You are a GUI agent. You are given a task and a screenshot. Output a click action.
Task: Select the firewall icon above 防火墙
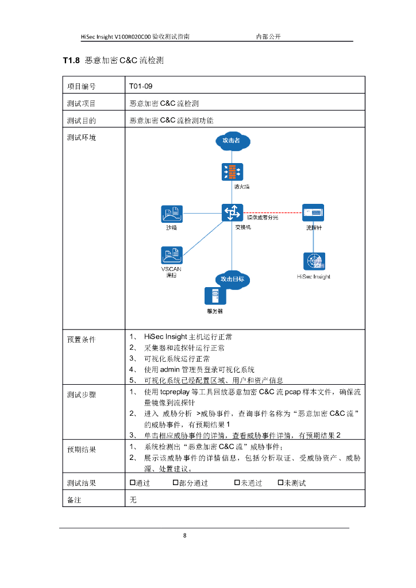[x=232, y=171]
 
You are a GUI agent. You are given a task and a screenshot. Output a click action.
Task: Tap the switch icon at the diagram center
[x=232, y=213]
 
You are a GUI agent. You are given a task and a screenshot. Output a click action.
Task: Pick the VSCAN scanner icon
[x=171, y=255]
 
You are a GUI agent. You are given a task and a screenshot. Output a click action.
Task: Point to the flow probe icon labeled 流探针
[x=314, y=213]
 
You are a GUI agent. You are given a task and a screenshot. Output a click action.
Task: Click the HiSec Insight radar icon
[x=314, y=261]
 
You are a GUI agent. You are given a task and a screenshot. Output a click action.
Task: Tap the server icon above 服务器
[x=215, y=296]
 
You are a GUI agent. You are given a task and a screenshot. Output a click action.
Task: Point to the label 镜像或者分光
[x=263, y=218]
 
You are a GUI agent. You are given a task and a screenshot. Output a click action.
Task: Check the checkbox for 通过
[x=132, y=483]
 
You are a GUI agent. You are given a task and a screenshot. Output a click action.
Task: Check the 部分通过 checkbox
[x=176, y=483]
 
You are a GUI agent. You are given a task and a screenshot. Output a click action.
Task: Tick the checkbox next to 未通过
[x=237, y=483]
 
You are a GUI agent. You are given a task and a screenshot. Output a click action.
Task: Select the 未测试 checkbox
[x=281, y=483]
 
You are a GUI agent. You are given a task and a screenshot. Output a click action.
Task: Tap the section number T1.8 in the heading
[x=71, y=60]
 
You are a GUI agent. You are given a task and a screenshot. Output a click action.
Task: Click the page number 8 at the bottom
[x=184, y=536]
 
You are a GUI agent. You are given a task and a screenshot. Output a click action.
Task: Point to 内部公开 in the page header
[x=268, y=36]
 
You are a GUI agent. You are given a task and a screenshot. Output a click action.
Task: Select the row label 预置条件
[x=81, y=339]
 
